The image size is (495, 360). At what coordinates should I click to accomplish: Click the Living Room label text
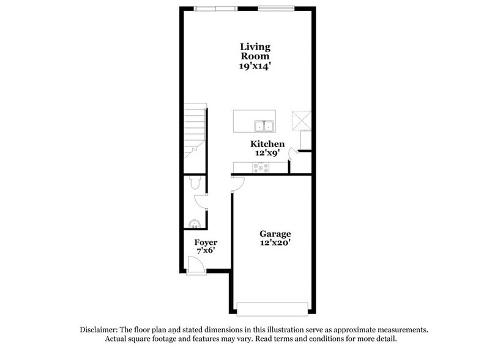coord(255,51)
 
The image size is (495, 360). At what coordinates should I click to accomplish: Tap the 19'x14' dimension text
coord(255,66)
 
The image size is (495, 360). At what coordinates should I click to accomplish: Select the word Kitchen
coord(267,144)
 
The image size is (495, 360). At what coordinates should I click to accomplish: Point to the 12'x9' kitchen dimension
coord(267,153)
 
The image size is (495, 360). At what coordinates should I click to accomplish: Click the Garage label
coord(275,234)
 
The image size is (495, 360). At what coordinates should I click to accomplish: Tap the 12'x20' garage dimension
coord(275,243)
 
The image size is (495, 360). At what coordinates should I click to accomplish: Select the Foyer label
coord(206,242)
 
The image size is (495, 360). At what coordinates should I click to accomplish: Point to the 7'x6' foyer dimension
coord(206,252)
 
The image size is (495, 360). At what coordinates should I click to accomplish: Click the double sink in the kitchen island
coord(264,127)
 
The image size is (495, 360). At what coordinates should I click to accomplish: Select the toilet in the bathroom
coord(195,182)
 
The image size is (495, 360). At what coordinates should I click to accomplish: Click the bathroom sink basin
coord(195,224)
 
